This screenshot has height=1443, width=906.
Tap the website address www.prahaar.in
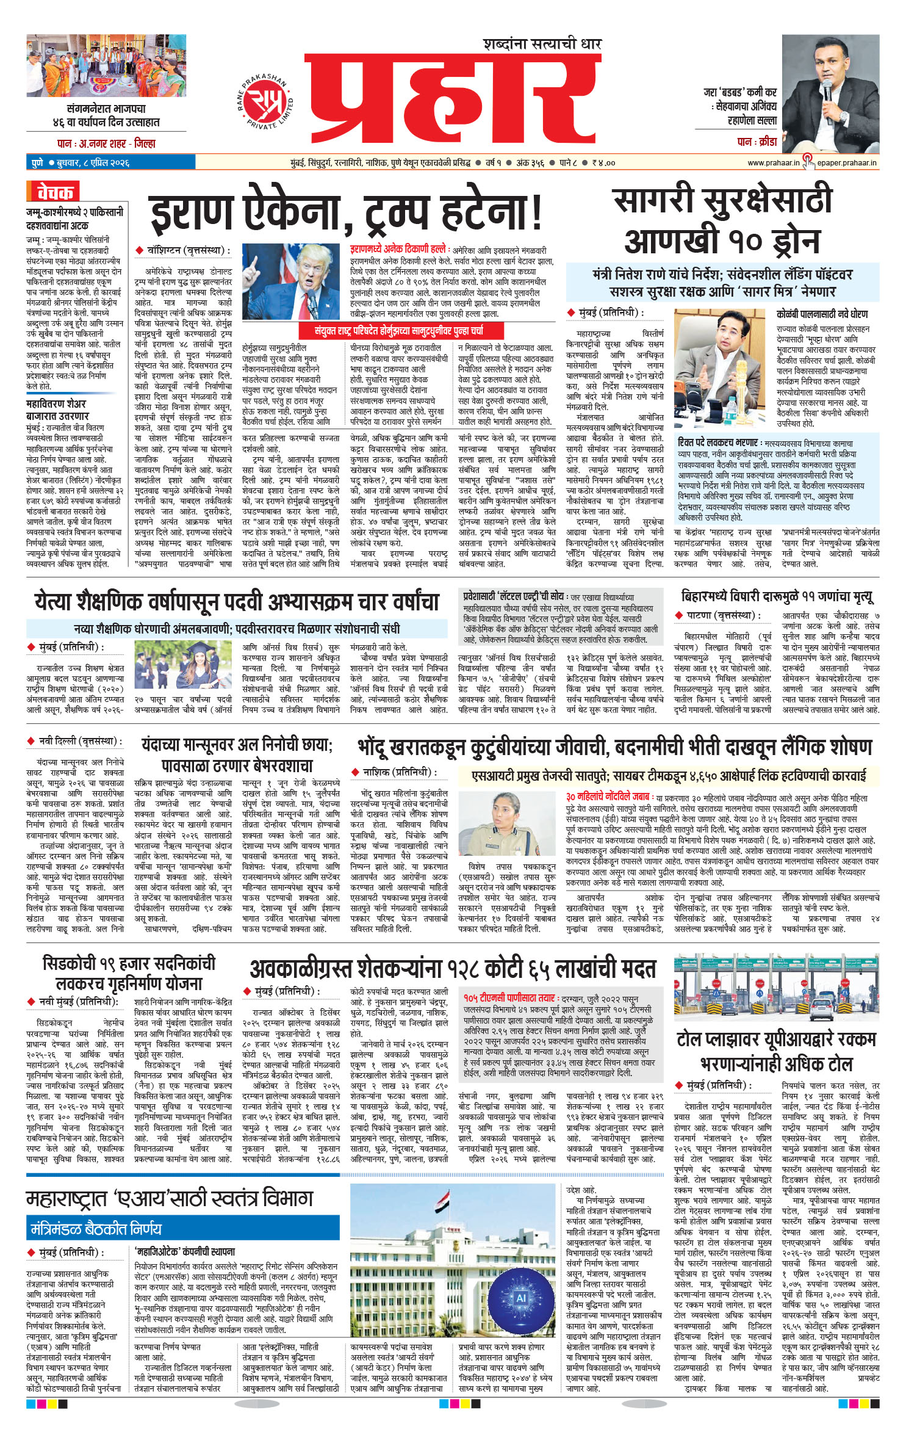point(773,163)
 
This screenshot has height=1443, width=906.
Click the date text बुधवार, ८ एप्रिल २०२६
point(89,163)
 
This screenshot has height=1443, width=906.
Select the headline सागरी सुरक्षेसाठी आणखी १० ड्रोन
point(722,221)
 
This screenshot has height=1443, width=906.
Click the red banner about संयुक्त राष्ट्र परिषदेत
point(398,331)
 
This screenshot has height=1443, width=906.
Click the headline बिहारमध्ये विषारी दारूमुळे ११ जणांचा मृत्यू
point(777,596)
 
